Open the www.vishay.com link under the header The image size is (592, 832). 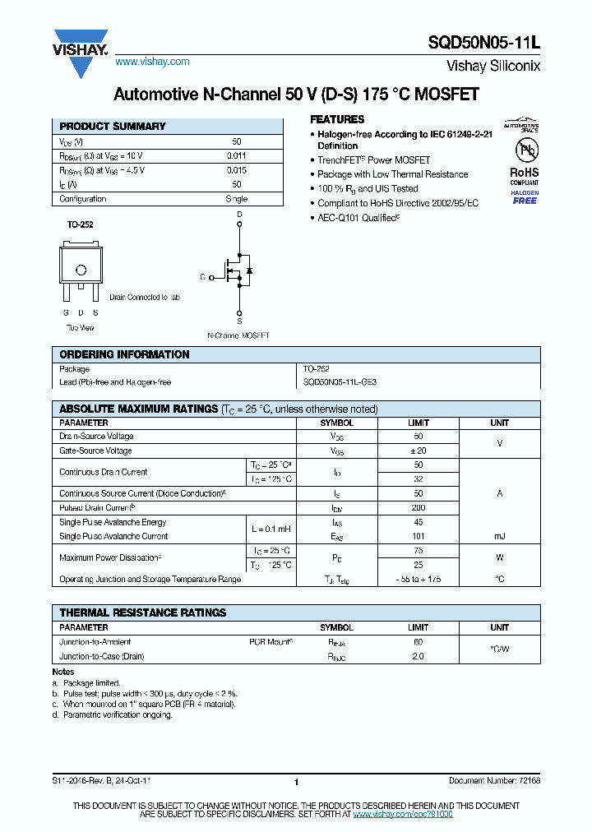152,62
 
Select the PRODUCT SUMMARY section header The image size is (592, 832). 113,127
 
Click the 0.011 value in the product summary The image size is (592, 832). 236,156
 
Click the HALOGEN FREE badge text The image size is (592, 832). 525,197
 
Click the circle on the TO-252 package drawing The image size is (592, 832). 81,270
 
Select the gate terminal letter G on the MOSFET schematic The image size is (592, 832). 202,277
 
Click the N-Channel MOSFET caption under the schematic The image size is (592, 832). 238,335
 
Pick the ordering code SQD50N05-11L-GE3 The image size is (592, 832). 340,382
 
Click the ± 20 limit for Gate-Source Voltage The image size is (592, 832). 418,451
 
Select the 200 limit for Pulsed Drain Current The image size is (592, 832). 418,508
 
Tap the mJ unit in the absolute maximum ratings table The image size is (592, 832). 499,536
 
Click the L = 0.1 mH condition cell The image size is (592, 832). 271,529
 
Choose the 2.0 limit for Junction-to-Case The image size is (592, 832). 418,656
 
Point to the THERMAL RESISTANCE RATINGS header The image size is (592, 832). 142,612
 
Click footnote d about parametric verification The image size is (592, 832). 113,715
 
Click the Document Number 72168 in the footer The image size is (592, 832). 494,781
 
